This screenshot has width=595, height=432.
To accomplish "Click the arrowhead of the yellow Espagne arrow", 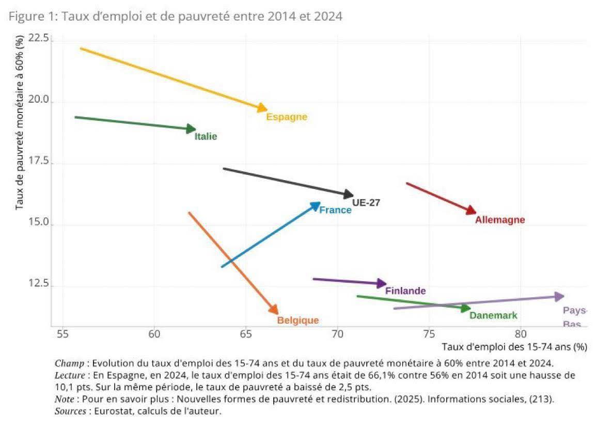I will click(x=262, y=108).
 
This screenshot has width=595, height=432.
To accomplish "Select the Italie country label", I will click(x=206, y=137).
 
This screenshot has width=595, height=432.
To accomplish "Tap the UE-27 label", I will click(x=366, y=203).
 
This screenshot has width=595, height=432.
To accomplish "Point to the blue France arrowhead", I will click(x=316, y=205).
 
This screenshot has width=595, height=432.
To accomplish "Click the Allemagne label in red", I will click(x=499, y=220).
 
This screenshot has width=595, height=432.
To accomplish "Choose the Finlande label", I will click(x=405, y=291).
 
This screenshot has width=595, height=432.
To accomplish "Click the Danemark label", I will click(x=493, y=315).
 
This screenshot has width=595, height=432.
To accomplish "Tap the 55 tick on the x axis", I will click(x=63, y=334).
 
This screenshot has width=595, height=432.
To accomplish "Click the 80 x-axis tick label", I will click(x=521, y=334).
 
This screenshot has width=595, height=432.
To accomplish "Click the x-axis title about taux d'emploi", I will click(x=514, y=347).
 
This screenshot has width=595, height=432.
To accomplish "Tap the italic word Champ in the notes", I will click(x=66, y=363).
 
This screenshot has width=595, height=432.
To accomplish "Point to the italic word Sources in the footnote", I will click(x=69, y=411).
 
